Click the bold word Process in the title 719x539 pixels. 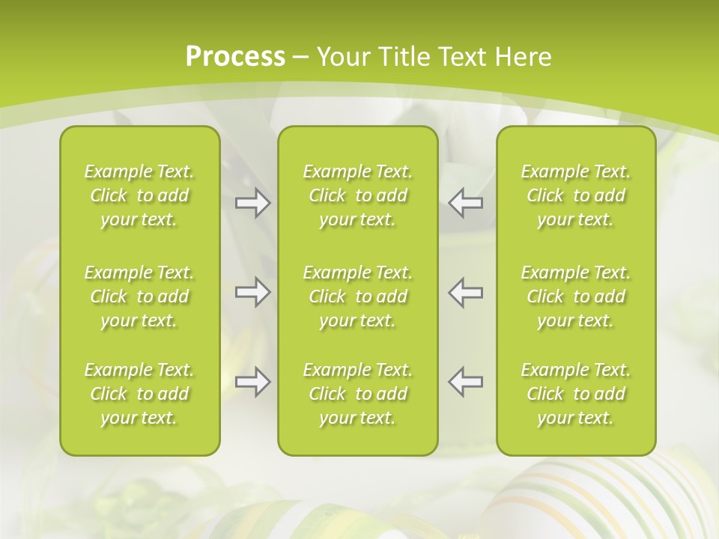tap(235, 57)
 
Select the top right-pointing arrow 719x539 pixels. tap(252, 203)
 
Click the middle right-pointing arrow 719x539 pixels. tap(252, 292)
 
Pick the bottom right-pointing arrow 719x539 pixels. tap(252, 382)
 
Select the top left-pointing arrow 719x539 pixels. tap(466, 203)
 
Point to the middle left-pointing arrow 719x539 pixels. tap(466, 292)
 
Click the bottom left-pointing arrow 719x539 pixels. tap(466, 382)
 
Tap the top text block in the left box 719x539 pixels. tap(139, 195)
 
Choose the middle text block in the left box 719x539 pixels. tap(139, 296)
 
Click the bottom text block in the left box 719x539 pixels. tap(139, 394)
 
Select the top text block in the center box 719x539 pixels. tap(358, 195)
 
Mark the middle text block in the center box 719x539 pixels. tap(358, 296)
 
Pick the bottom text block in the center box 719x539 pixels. tap(358, 394)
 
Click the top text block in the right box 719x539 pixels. tap(576, 195)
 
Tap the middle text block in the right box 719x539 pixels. tap(576, 296)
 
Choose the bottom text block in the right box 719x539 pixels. tap(576, 394)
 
